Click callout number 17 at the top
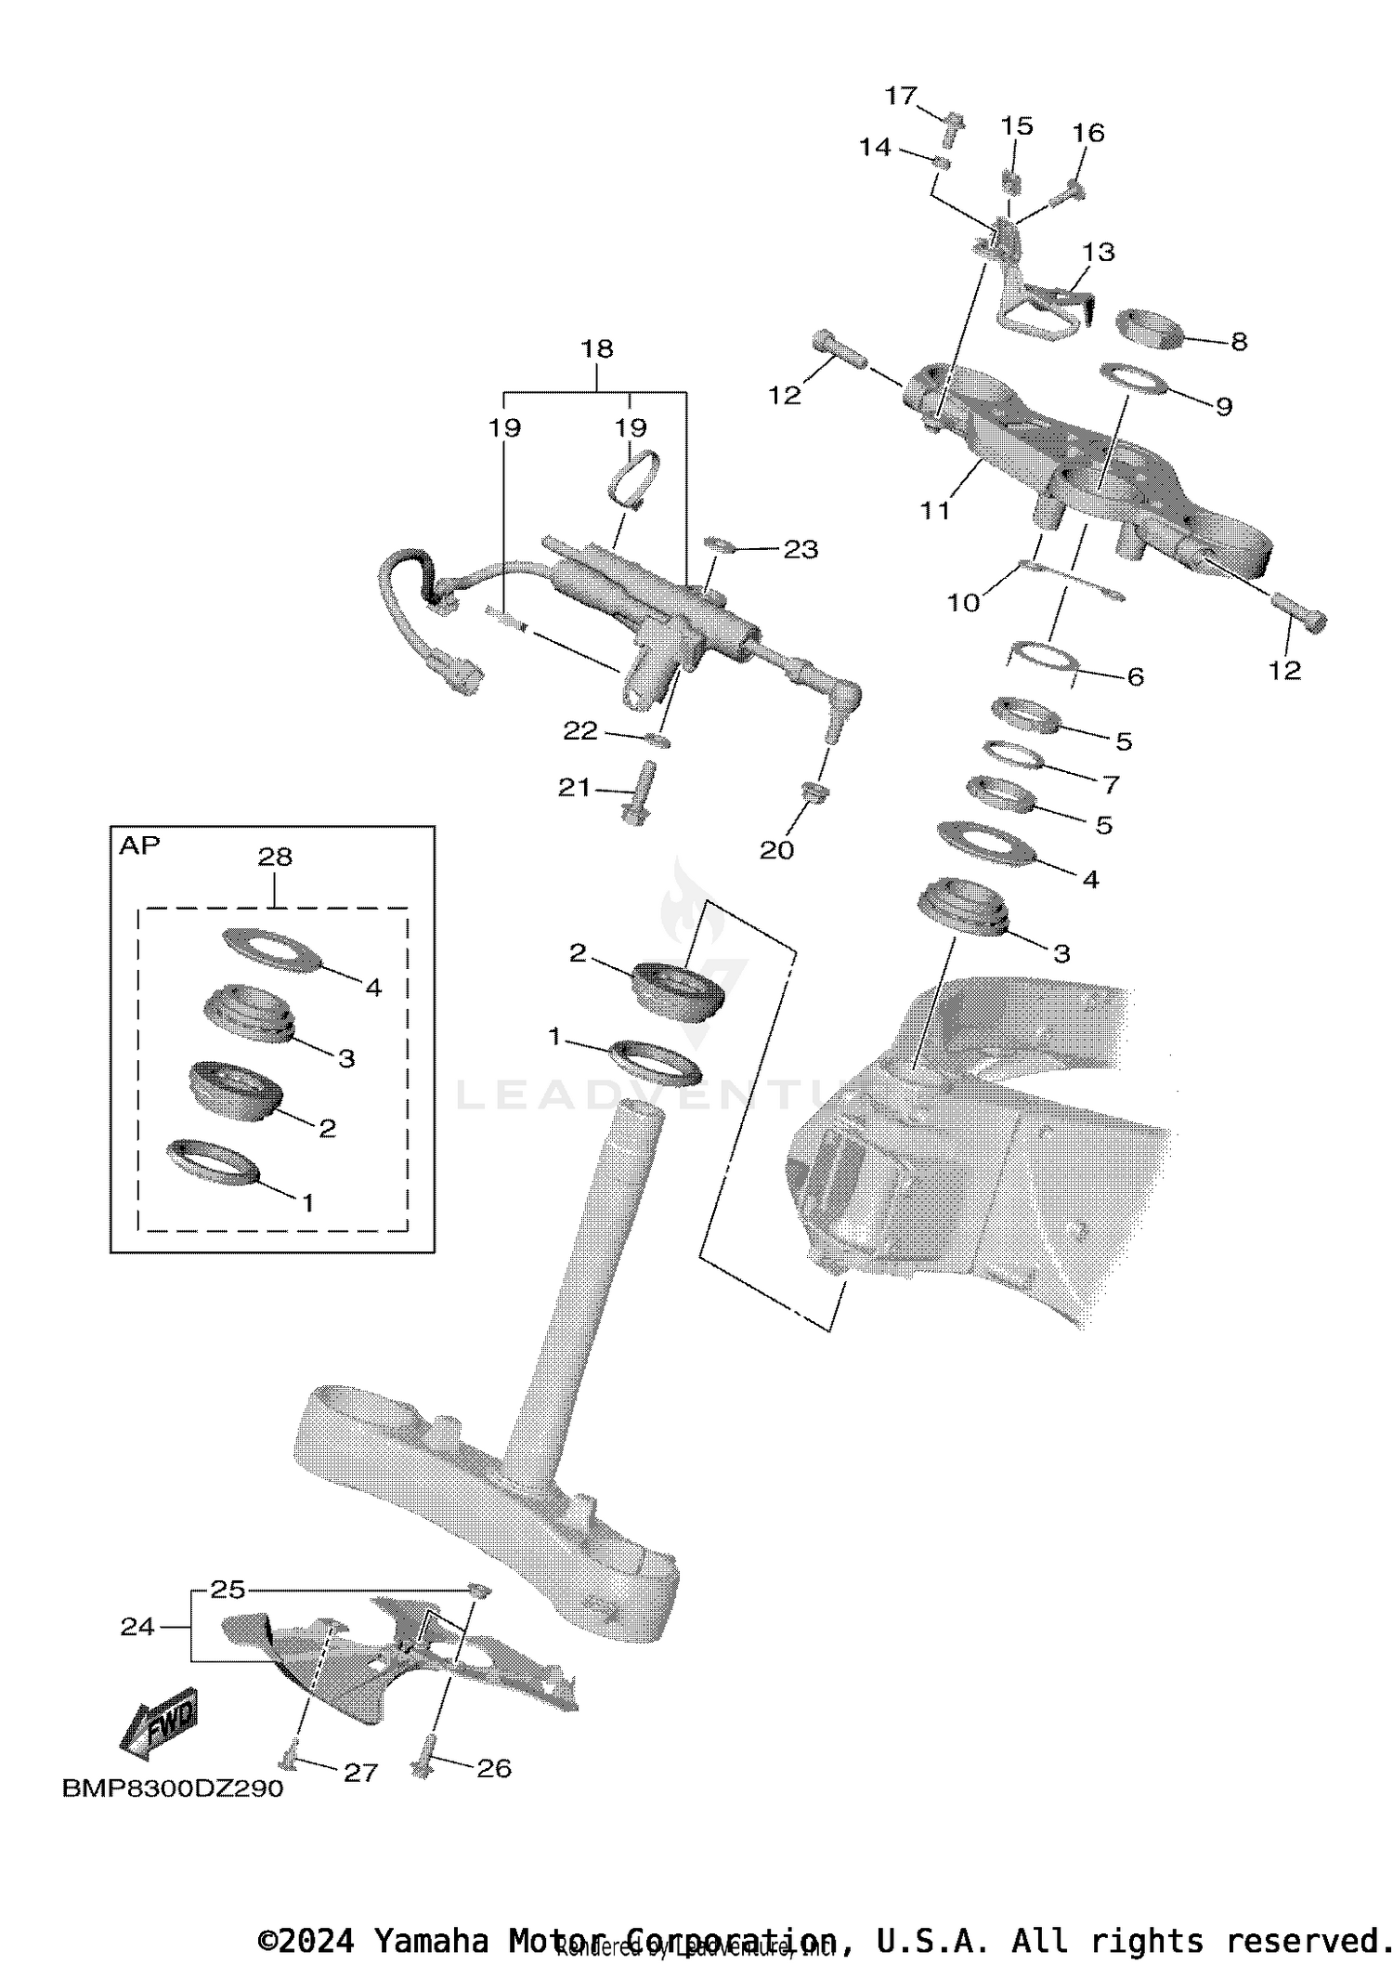900,97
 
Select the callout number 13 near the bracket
1099,252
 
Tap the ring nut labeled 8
1150,329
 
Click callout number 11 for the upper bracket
935,510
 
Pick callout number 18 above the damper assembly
597,348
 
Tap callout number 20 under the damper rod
776,850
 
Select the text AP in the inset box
139,845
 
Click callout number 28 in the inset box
275,857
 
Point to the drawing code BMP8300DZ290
173,1788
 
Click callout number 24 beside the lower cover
137,1626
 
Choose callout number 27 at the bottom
360,1773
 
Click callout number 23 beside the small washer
801,549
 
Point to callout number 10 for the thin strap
963,603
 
